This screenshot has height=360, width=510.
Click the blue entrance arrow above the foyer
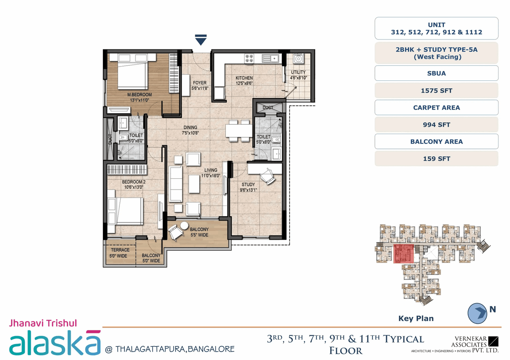[200, 39]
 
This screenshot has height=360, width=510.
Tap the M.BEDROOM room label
[139, 95]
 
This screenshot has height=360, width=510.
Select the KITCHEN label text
[244, 78]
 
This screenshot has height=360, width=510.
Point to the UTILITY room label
[298, 72]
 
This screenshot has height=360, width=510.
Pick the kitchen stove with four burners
[249, 59]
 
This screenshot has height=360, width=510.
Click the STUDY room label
[248, 185]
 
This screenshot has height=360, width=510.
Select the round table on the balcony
[184, 226]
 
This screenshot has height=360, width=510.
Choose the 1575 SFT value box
[436, 90]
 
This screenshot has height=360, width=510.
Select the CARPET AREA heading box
[436, 108]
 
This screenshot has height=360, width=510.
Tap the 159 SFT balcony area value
[436, 158]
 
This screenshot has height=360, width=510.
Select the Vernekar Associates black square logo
[493, 341]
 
